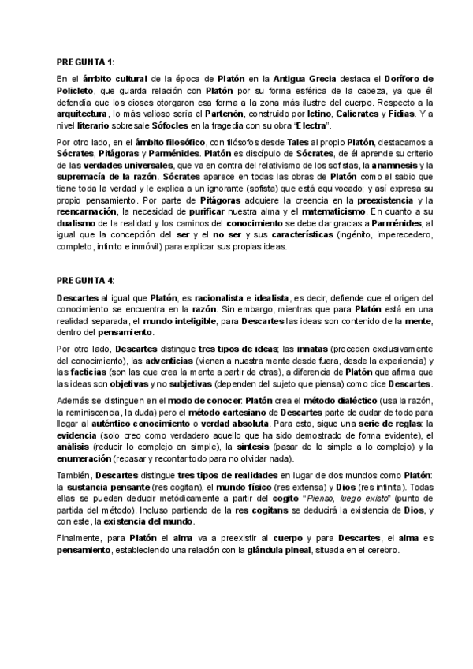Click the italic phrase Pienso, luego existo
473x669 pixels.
pyautogui.click(x=340, y=499)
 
